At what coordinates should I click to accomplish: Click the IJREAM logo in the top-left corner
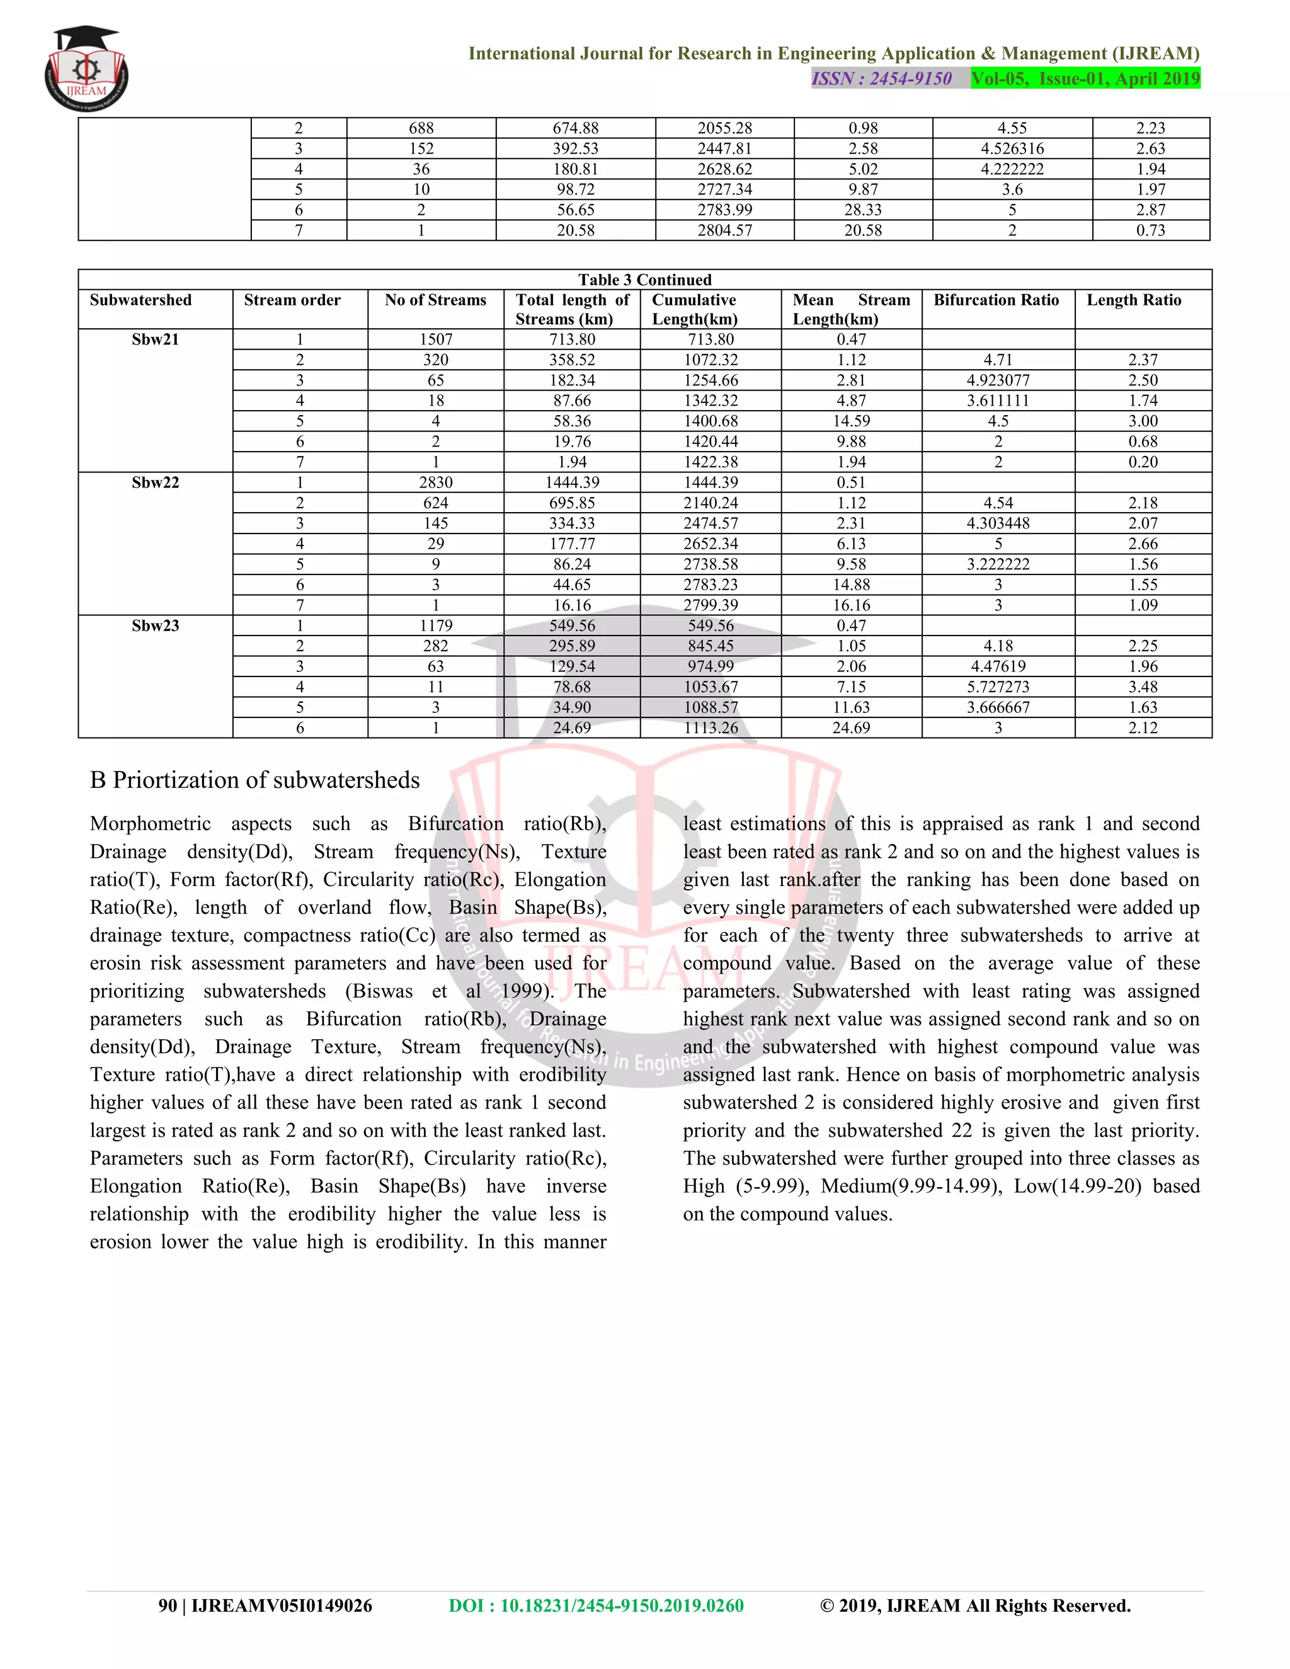tap(86, 71)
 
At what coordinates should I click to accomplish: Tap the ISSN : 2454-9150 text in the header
tap(881, 79)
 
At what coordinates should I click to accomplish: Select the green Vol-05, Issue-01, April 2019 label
tap(1085, 79)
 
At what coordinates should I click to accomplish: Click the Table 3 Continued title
tap(644, 280)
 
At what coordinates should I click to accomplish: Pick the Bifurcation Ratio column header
tap(996, 300)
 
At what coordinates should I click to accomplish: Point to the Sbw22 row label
tap(155, 483)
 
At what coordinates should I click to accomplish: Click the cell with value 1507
tap(436, 339)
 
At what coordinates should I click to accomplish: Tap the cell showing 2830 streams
tap(436, 483)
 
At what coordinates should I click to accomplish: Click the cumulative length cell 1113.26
tap(711, 728)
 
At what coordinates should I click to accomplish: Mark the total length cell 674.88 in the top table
tap(576, 128)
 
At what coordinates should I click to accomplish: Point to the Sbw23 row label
tap(155, 626)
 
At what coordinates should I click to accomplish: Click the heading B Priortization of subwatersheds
tap(254, 780)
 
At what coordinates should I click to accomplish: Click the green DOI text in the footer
tap(596, 1605)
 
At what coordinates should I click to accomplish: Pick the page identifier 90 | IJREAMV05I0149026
tap(265, 1605)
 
